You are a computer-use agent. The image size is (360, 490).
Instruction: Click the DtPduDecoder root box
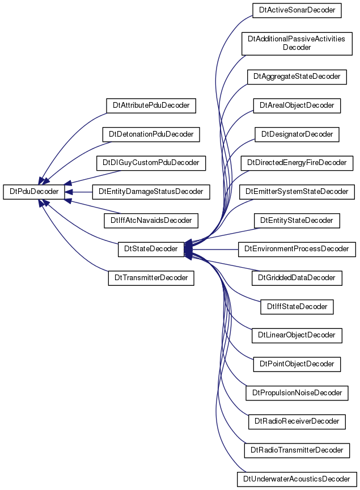tap(34, 192)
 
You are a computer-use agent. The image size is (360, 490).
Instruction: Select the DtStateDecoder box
tap(151, 249)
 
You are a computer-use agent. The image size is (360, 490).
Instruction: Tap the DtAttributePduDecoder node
tap(151, 105)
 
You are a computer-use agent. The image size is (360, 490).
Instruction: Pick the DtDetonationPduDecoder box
tap(151, 134)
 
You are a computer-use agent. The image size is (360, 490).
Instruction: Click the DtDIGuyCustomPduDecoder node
tap(151, 163)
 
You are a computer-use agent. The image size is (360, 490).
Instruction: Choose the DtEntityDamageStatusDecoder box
tap(151, 192)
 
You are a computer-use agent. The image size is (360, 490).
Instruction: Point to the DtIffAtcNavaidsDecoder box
tap(151, 220)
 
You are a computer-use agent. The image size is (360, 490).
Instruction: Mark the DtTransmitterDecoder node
tap(151, 278)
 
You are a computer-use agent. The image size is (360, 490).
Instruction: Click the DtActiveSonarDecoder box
tap(297, 10)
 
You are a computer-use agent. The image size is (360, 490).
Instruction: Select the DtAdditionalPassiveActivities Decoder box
tap(297, 44)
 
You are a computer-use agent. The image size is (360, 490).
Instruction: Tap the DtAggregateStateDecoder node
tap(297, 77)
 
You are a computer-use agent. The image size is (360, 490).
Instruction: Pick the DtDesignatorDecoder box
tap(297, 134)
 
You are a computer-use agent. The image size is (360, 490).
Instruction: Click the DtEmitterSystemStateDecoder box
tap(297, 192)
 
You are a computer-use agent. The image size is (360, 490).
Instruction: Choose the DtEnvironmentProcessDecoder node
tap(297, 249)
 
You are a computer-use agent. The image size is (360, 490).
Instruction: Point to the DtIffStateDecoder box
tap(297, 307)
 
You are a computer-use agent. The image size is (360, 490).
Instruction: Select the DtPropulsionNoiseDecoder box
tap(297, 393)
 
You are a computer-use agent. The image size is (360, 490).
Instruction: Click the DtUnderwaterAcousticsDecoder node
tap(297, 479)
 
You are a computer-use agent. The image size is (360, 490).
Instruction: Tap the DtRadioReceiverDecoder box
tap(297, 421)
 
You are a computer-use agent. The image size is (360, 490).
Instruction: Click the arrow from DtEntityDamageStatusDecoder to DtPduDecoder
tap(78, 192)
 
